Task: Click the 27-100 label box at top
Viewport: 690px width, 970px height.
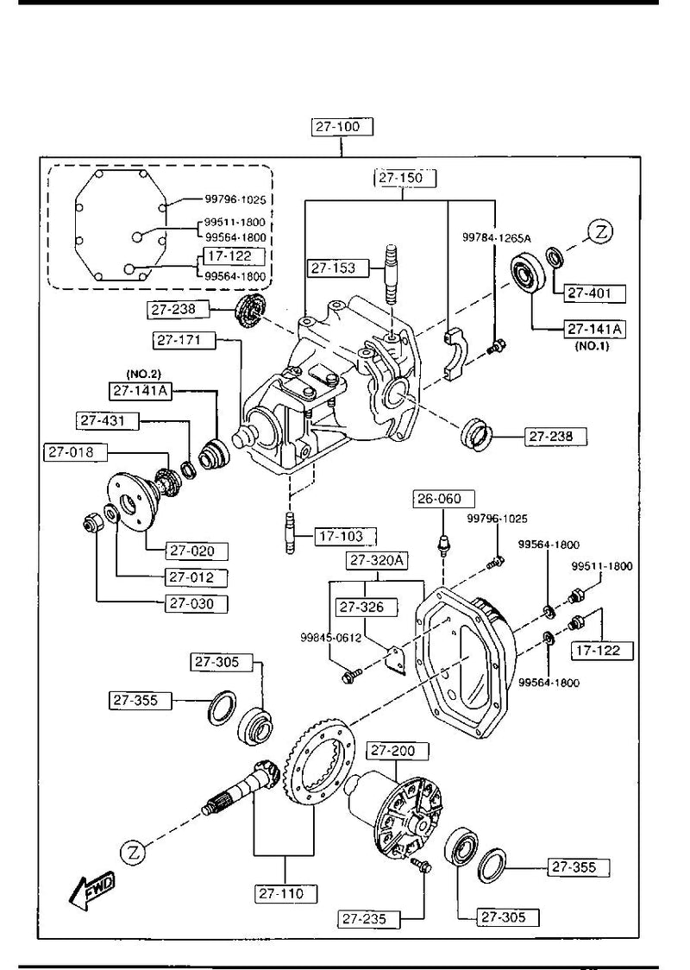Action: pos(342,127)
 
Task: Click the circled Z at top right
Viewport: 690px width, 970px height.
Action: pos(601,230)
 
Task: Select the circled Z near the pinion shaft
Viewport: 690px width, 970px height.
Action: pos(133,852)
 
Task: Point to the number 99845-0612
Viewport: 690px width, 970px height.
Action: pos(330,639)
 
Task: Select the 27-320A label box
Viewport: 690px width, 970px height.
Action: pos(377,562)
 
